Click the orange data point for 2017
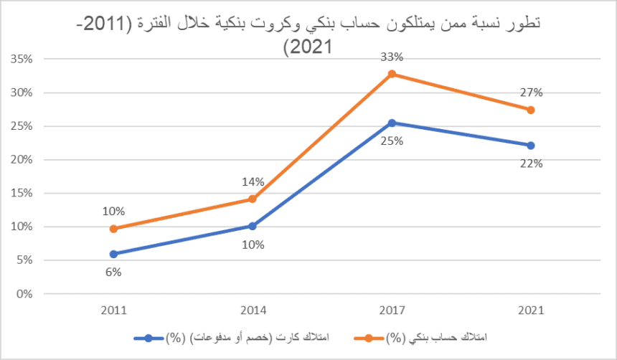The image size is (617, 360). click(392, 74)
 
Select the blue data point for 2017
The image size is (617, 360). click(392, 123)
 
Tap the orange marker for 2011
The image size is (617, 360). click(114, 229)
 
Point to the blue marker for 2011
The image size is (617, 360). click(114, 254)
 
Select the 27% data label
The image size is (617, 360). click(532, 92)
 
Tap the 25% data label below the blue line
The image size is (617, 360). click(392, 141)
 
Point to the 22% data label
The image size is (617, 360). click(532, 163)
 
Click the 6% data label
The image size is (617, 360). click(114, 273)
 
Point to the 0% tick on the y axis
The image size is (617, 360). click(24, 294)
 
